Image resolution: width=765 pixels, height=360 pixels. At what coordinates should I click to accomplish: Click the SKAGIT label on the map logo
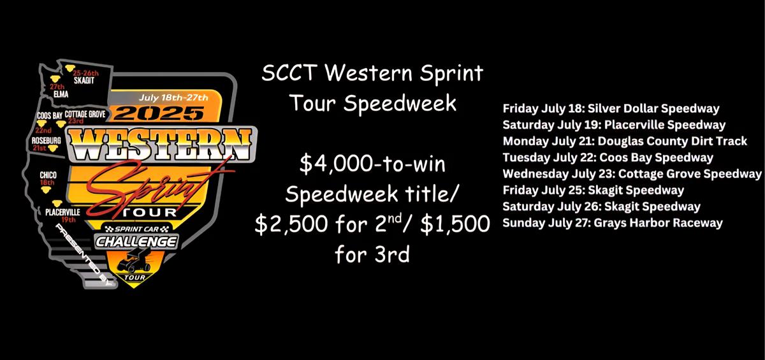[84, 80]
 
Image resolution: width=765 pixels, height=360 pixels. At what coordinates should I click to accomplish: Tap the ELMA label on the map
[61, 94]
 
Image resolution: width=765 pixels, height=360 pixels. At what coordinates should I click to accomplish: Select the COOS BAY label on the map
[50, 116]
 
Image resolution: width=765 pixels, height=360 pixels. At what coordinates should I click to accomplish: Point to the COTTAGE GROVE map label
[85, 114]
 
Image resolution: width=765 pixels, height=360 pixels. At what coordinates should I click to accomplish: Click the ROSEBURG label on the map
[47, 140]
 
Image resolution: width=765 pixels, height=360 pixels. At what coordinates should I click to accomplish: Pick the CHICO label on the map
[48, 175]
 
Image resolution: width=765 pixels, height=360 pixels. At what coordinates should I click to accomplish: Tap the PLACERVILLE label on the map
[63, 212]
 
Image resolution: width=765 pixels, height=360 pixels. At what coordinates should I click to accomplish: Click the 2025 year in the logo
[159, 113]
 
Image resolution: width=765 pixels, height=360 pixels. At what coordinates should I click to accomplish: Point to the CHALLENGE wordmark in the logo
[136, 241]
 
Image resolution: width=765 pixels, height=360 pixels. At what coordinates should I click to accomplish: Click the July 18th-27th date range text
[173, 98]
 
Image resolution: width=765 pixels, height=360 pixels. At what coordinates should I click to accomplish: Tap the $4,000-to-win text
[372, 164]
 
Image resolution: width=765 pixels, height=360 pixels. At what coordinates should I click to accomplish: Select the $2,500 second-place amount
[291, 224]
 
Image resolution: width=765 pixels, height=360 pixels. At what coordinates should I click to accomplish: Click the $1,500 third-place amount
[455, 224]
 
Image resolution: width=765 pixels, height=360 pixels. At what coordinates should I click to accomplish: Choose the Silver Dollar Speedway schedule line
[611, 108]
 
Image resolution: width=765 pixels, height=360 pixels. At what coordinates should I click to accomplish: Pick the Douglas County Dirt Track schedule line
[625, 141]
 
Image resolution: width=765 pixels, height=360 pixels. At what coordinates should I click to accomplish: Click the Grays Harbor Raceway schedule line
[613, 223]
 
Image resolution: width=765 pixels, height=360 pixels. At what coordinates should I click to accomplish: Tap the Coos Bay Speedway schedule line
[608, 157]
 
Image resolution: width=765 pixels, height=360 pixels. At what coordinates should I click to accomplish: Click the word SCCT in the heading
[289, 73]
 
